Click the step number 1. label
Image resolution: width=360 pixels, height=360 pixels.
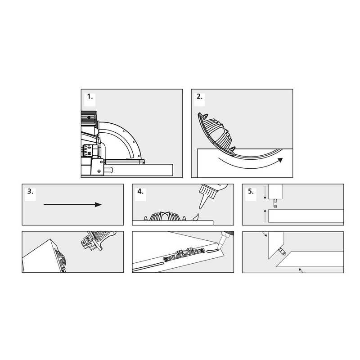pos(90,97)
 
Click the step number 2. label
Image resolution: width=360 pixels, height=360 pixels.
pos(199,97)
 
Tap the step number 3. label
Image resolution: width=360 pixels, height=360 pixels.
pos(30,191)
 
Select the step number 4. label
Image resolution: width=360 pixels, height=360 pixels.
pos(140,191)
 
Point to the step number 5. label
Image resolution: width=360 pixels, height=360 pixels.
pos(251,191)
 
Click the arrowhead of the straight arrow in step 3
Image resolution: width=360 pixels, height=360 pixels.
pos(98,204)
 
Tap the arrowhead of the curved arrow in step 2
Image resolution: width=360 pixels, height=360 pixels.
pos(280,160)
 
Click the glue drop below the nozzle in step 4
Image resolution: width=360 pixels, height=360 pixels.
pos(195,217)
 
